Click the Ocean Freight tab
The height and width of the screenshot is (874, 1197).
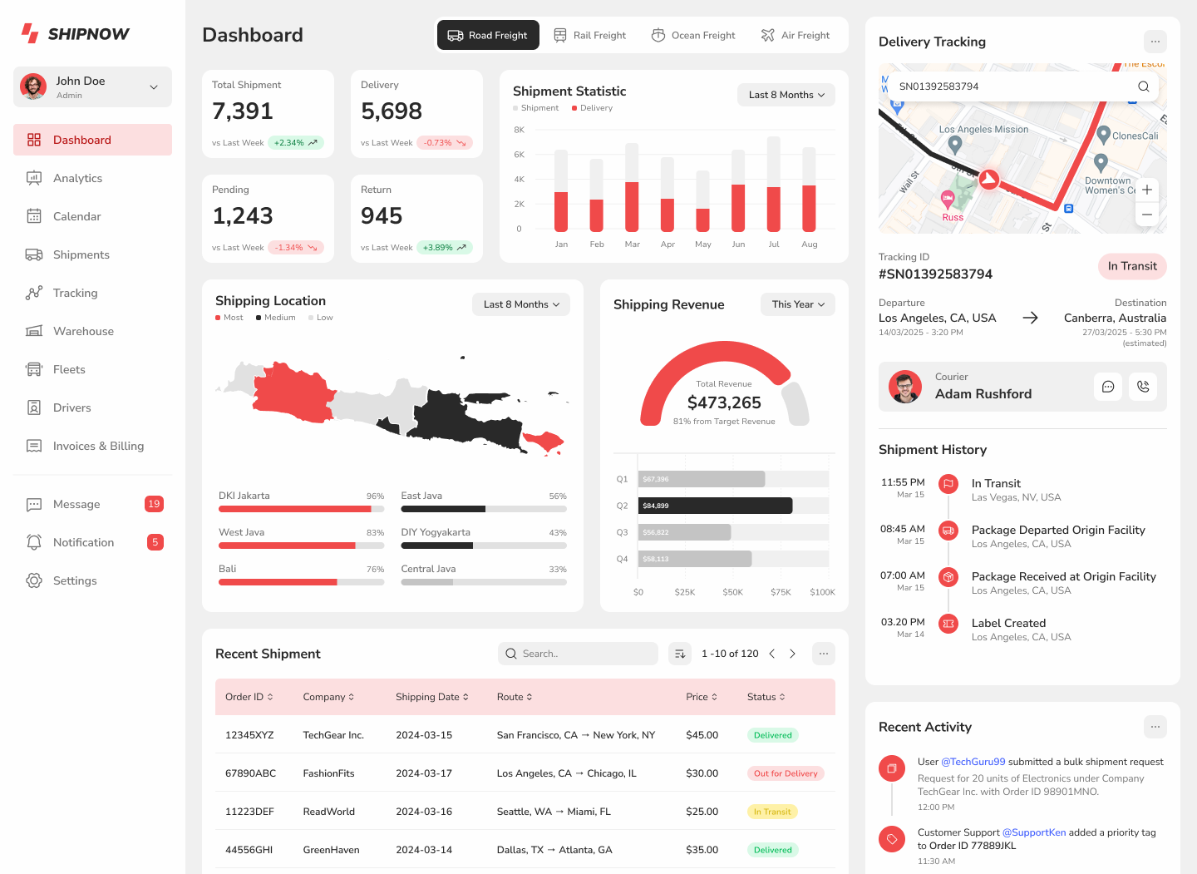[693, 35]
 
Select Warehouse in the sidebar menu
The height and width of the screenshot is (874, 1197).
[83, 331]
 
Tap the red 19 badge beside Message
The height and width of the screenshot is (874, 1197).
[154, 504]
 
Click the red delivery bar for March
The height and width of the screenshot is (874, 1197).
[632, 206]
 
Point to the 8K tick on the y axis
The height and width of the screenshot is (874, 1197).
[520, 130]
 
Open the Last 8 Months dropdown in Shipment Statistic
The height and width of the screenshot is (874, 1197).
[786, 95]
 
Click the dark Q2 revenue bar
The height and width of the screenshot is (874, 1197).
[715, 506]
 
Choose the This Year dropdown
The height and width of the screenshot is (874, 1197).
[797, 304]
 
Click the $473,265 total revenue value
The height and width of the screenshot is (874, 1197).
[724, 402]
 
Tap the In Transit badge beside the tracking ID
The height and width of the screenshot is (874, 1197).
[1132, 266]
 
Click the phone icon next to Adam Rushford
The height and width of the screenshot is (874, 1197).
[1143, 387]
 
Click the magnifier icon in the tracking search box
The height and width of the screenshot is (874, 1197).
[1143, 86]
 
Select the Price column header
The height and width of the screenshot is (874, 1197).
[700, 697]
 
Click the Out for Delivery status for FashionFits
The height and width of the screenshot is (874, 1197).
[786, 773]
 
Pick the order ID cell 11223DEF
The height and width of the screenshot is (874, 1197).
[249, 812]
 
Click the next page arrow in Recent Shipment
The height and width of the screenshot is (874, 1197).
[792, 654]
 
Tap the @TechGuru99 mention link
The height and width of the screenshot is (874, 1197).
[973, 762]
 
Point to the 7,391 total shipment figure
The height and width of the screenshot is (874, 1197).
[243, 111]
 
